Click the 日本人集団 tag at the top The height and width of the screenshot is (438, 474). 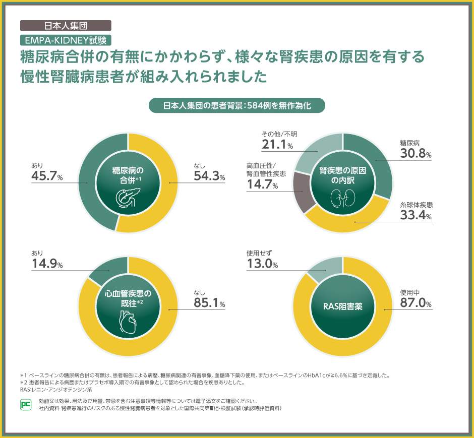pyautogui.click(x=66, y=25)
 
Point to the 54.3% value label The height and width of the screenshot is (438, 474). pyautogui.click(x=209, y=176)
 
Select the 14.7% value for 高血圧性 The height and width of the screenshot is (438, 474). pyautogui.click(x=262, y=185)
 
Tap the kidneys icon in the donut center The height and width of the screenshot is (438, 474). pyautogui.click(x=342, y=198)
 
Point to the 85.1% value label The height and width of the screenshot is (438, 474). pyautogui.click(x=209, y=303)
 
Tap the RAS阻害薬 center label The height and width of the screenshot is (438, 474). pyautogui.click(x=342, y=306)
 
